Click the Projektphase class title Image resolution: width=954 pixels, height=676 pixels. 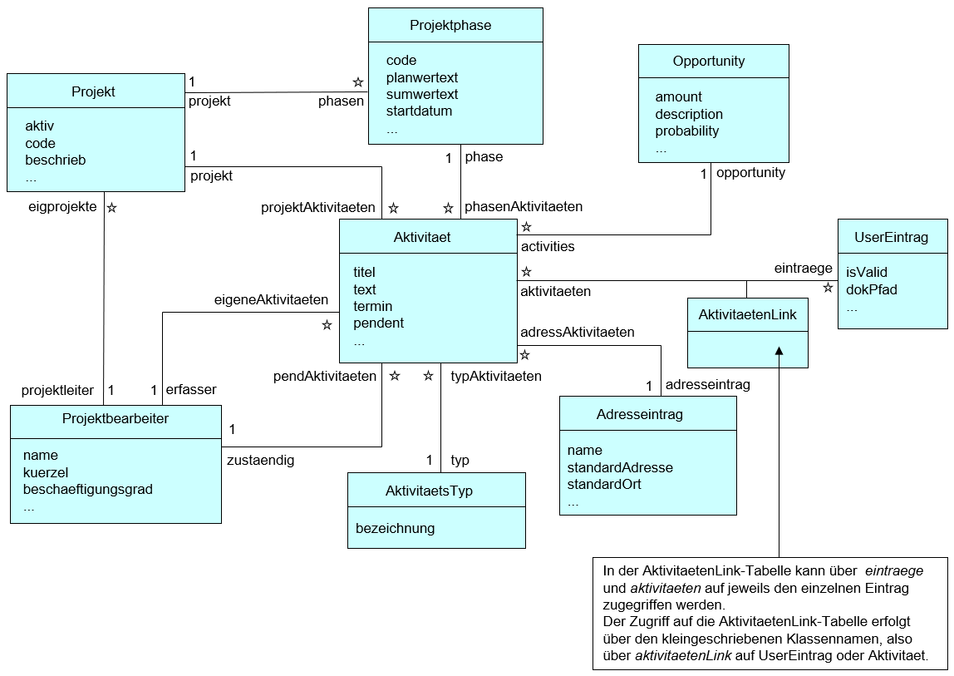[x=450, y=25]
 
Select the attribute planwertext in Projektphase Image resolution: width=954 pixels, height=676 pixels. [x=422, y=77]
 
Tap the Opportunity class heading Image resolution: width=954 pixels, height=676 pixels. [x=709, y=61]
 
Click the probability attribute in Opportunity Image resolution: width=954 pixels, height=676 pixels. [x=687, y=131]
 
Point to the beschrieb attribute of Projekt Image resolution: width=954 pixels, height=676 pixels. [x=56, y=160]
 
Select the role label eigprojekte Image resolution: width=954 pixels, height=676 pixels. [x=62, y=206]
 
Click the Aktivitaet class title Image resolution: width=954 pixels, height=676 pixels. [x=422, y=237]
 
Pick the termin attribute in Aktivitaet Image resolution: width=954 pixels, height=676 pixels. [x=372, y=306]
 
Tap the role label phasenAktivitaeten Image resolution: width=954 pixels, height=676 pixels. [x=524, y=206]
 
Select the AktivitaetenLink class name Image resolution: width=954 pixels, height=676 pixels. [x=747, y=315]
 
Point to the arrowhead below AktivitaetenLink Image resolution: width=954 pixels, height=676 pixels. [x=779, y=353]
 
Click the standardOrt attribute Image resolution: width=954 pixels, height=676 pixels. [x=604, y=484]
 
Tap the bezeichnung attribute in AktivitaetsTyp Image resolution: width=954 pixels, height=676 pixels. [x=395, y=528]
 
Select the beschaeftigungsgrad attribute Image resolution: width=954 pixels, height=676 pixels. [x=88, y=489]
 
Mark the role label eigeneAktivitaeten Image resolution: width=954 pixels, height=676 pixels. [x=271, y=299]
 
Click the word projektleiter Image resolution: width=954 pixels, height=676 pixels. [x=57, y=389]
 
